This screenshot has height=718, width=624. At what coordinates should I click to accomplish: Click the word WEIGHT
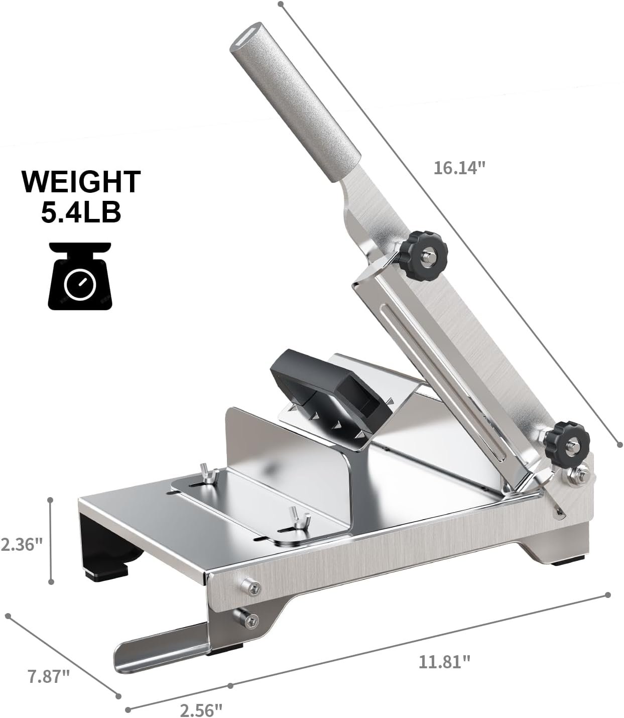(x=81, y=182)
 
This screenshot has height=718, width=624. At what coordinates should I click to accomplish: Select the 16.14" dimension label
(x=459, y=168)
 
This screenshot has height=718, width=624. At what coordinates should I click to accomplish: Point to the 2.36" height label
(x=22, y=544)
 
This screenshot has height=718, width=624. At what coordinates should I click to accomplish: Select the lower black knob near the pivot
(x=567, y=442)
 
